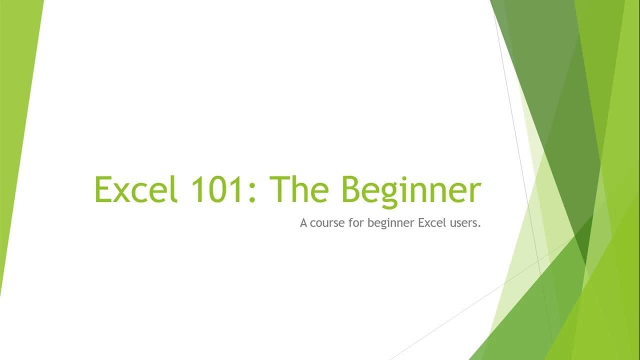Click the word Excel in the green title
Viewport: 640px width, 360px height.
(x=136, y=189)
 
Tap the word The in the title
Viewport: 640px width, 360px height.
(x=299, y=188)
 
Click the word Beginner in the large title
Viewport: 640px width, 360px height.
(x=411, y=191)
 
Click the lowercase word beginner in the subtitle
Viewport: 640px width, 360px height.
(x=391, y=223)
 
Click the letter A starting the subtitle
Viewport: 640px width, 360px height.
(x=303, y=222)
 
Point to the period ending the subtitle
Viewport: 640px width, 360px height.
(x=479, y=226)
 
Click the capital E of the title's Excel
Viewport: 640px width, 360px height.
(x=102, y=189)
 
